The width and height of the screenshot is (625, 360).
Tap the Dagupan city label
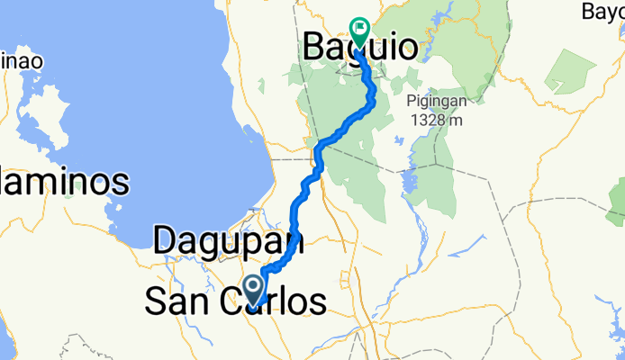228,241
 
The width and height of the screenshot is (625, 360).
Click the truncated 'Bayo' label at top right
602,12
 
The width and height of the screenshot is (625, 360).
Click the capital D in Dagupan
166,241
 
